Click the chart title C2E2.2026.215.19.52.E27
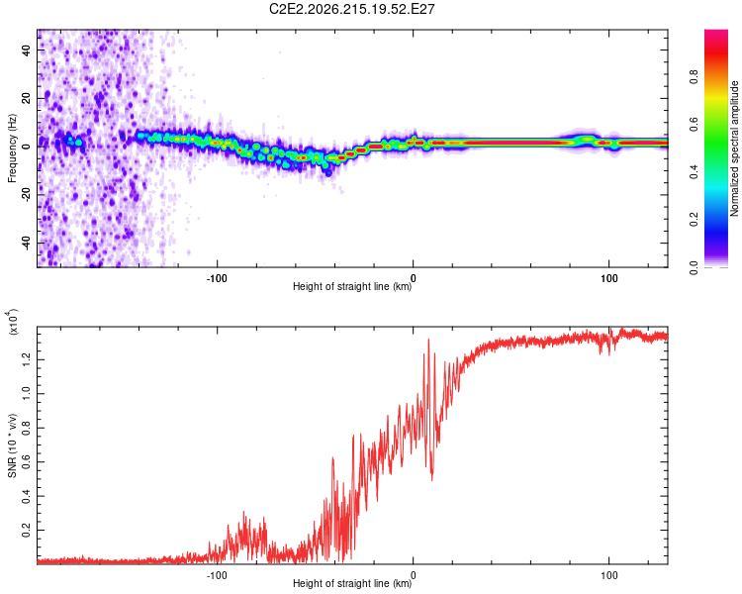[x=351, y=9]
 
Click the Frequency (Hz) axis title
[x=12, y=148]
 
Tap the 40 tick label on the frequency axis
[x=27, y=49]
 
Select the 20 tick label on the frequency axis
[x=27, y=98]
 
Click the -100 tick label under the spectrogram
[x=217, y=278]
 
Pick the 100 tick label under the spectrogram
[x=609, y=278]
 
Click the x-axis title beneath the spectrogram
[x=352, y=286]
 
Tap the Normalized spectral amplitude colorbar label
[x=734, y=148]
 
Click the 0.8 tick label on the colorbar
[x=694, y=76]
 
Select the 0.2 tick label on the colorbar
[x=694, y=220]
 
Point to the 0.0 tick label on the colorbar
[x=694, y=267]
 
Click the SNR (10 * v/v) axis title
[x=12, y=445]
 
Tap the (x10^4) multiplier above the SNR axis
[x=12, y=322]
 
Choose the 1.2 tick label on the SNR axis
[x=27, y=359]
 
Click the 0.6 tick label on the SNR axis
[x=27, y=462]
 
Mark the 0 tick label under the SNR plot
[x=414, y=575]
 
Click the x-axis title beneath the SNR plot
[x=352, y=583]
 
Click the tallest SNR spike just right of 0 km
[x=428, y=340]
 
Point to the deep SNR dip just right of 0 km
[x=432, y=479]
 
